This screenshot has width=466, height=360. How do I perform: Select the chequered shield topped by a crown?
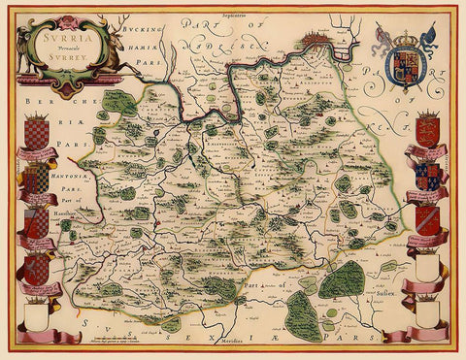click(x=36, y=131)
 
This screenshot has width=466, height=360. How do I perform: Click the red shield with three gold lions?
click(x=427, y=131)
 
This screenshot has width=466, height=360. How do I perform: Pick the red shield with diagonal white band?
click(x=427, y=219)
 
